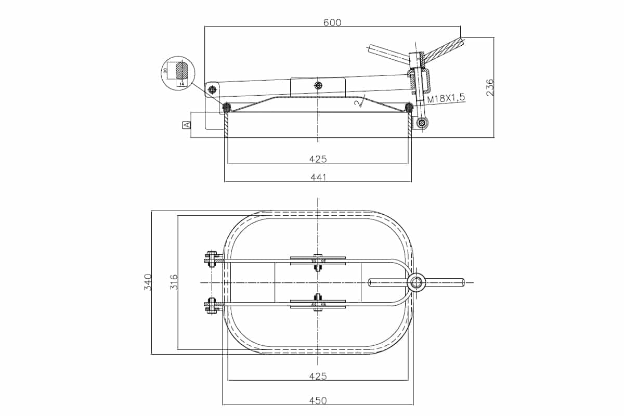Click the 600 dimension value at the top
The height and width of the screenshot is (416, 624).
(332, 22)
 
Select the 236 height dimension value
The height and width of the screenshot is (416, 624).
(489, 87)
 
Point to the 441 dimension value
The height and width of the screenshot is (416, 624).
(318, 178)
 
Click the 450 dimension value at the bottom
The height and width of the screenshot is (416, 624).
(318, 400)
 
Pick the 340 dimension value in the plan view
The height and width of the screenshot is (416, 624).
(148, 282)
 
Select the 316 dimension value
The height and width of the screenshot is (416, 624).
(174, 282)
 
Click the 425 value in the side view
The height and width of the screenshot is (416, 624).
(318, 159)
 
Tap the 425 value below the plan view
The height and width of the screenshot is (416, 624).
(318, 375)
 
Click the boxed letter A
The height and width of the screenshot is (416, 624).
(186, 125)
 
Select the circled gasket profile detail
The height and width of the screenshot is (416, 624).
(177, 73)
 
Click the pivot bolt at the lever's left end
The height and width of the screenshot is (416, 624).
(212, 90)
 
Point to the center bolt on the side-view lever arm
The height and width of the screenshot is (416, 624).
(318, 85)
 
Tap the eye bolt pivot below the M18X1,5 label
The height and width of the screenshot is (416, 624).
(422, 123)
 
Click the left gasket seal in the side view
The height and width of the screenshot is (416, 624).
(227, 108)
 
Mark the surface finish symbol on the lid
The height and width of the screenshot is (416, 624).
(358, 103)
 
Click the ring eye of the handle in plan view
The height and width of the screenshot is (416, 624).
(416, 282)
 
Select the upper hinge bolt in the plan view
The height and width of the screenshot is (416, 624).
(211, 258)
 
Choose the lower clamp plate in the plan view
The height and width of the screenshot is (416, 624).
(318, 305)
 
